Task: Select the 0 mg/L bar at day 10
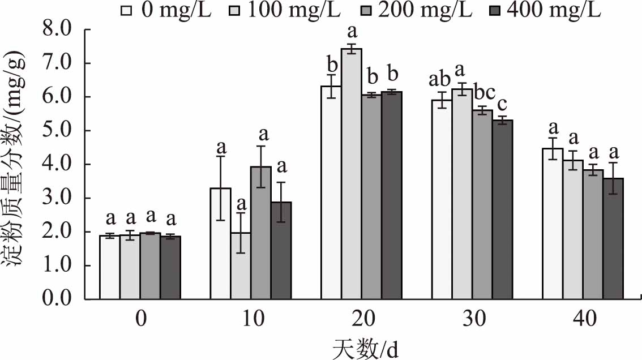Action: [x=220, y=243]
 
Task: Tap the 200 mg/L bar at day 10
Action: [x=261, y=233]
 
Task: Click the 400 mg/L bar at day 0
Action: [x=170, y=268]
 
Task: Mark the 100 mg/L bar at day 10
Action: [x=241, y=265]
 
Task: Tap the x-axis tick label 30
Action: [x=474, y=320]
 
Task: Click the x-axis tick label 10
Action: [x=252, y=320]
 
